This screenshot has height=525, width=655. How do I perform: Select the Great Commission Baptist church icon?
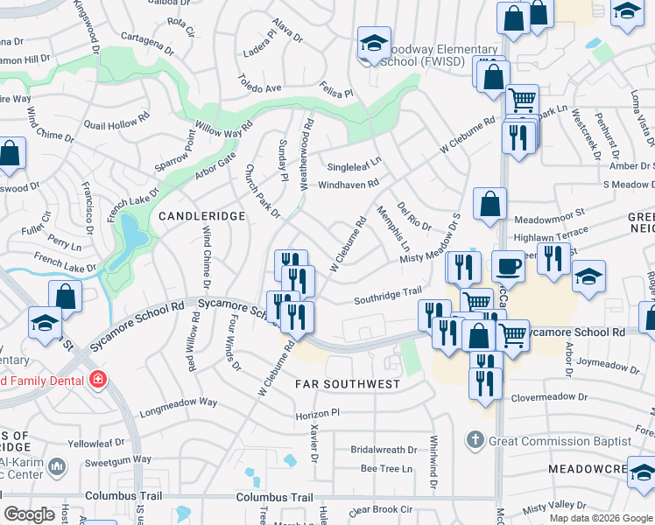(x=475, y=440)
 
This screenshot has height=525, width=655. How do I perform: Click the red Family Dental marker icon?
(x=98, y=380)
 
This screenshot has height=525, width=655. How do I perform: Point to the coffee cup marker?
(x=508, y=266)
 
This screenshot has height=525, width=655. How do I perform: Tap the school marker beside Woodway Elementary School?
(x=374, y=45)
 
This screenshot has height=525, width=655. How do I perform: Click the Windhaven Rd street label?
(x=349, y=185)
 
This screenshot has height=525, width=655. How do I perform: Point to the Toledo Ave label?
(x=260, y=88)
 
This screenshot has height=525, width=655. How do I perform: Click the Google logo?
(x=29, y=514)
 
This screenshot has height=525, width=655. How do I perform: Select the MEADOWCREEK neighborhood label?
(x=601, y=470)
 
